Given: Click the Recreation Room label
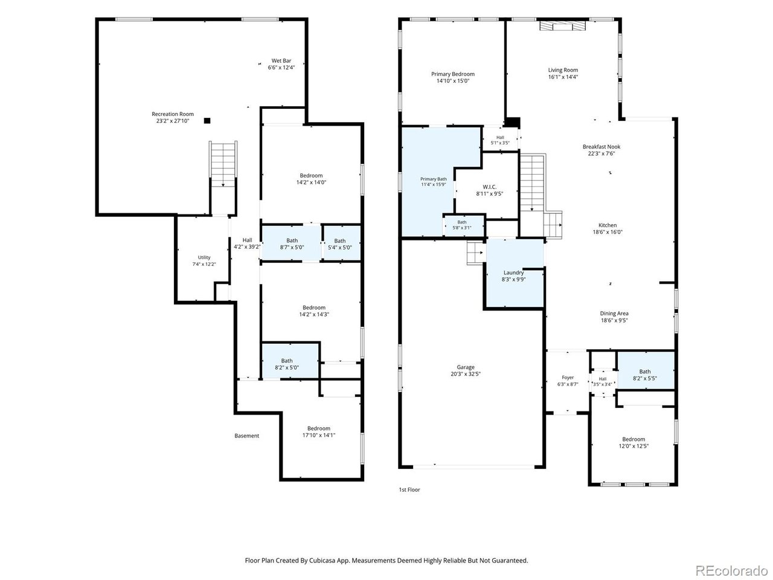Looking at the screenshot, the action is tap(173, 114).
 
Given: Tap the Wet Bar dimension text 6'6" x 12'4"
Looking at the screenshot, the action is tap(281, 68).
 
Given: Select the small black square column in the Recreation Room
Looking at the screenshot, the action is tap(207, 121).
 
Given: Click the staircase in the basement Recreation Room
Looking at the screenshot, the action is tap(223, 164).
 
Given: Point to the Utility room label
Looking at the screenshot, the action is tap(204, 257).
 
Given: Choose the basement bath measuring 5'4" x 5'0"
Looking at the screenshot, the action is tap(342, 243).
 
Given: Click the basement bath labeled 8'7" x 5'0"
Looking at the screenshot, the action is tap(292, 243).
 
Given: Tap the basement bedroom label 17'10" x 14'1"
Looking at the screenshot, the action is tap(319, 435).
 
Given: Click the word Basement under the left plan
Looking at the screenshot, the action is tap(246, 436).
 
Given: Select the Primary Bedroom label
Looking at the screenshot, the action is tap(452, 74).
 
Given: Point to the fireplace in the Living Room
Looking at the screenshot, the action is tap(562, 26).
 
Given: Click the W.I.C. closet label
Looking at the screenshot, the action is tap(490, 187).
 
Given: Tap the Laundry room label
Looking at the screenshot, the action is tap(513, 272).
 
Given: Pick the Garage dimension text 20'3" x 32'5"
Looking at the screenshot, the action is tap(466, 374).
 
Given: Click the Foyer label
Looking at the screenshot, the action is tap(568, 378).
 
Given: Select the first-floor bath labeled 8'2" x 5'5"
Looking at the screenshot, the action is tap(646, 370).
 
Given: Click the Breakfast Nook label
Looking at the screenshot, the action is tap(601, 147).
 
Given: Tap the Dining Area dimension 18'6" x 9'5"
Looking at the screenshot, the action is tap(614, 320).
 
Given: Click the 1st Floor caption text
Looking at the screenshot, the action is tap(409, 490).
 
